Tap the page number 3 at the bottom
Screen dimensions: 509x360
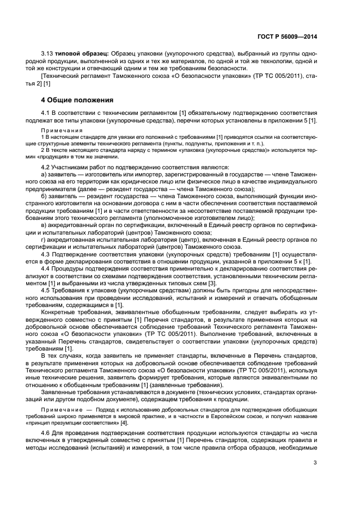pyautogui.click(x=315, y=463)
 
